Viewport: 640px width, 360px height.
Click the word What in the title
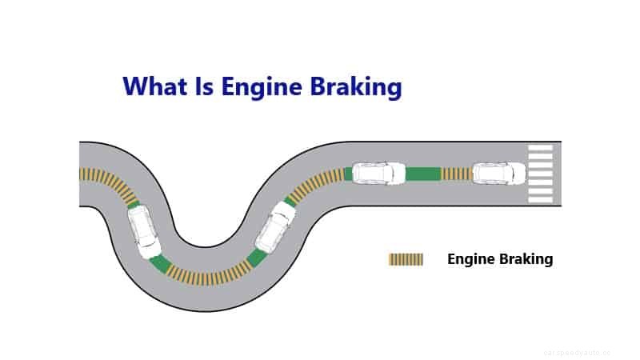(x=153, y=86)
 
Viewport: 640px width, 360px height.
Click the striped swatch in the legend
(x=406, y=259)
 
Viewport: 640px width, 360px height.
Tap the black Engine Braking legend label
(x=499, y=259)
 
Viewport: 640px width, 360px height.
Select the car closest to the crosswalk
(x=498, y=174)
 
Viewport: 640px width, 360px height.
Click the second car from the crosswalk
(x=379, y=174)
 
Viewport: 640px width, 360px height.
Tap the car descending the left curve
(x=145, y=230)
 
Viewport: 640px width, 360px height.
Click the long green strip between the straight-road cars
(x=422, y=174)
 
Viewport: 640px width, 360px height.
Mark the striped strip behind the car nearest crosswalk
(x=457, y=174)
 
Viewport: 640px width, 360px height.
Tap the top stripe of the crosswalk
(x=541, y=148)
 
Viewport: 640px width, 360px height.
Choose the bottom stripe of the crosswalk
(x=541, y=198)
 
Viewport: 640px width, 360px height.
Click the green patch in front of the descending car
(x=161, y=263)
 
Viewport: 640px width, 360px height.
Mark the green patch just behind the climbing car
(x=257, y=258)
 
